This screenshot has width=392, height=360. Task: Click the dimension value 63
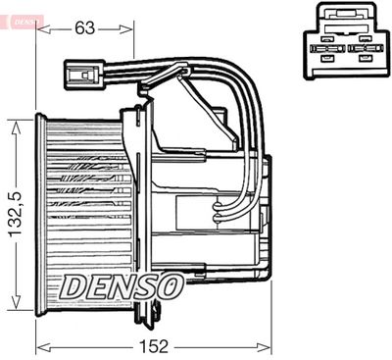click(x=85, y=27)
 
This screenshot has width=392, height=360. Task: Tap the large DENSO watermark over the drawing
click(x=122, y=286)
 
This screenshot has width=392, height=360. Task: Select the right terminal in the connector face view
click(x=364, y=48)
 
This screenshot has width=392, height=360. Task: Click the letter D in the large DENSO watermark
click(x=74, y=286)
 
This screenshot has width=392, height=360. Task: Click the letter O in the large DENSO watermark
click(x=169, y=286)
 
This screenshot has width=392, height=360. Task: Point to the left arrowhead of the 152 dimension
click(x=40, y=345)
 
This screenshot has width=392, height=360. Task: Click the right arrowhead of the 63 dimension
click(x=129, y=27)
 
